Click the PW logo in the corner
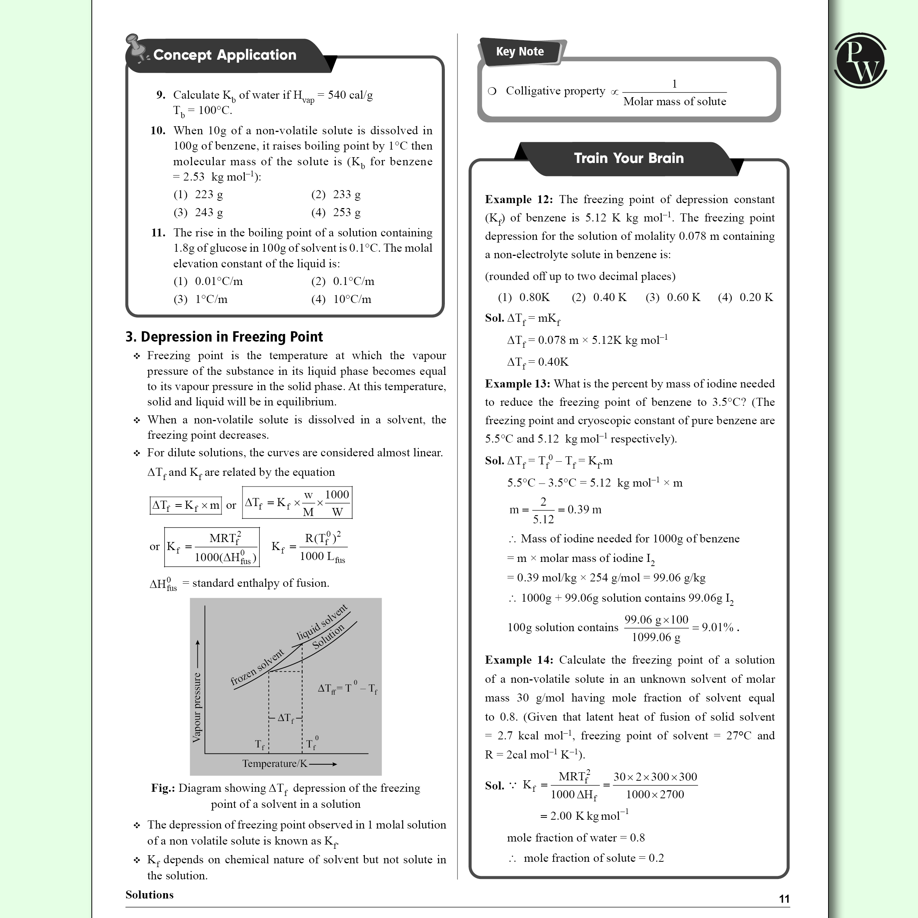[x=860, y=60]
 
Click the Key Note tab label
[x=519, y=51]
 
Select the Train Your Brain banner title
[x=628, y=158]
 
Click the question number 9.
[x=161, y=95]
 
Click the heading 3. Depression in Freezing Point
[x=224, y=337]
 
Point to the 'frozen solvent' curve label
[x=257, y=667]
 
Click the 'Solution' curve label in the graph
[x=328, y=637]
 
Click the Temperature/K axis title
[x=275, y=763]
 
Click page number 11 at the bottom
[x=784, y=899]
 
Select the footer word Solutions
[x=149, y=895]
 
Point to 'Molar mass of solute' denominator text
[x=674, y=102]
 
